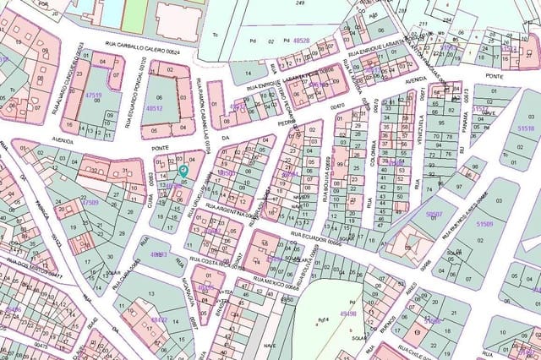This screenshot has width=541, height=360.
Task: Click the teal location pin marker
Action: (x=184, y=170)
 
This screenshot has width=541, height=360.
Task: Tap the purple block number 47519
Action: (x=93, y=96)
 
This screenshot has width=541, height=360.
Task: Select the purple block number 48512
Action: (x=154, y=108)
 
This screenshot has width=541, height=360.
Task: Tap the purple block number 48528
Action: (x=300, y=40)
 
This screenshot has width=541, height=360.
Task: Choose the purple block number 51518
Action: (x=526, y=128)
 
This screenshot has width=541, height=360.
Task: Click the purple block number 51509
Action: (x=484, y=224)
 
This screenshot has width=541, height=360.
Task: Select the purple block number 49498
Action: (x=348, y=314)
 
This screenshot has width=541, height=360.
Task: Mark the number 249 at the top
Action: (x=300, y=3)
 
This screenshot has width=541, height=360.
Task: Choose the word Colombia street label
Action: (x=372, y=152)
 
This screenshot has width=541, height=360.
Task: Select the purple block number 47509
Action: (x=90, y=203)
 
